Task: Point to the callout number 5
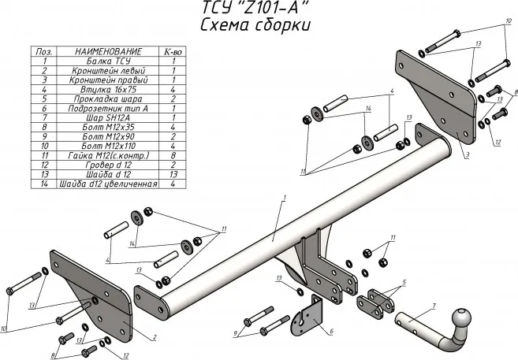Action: [x=404, y=281]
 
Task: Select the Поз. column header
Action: [x=46, y=50]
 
